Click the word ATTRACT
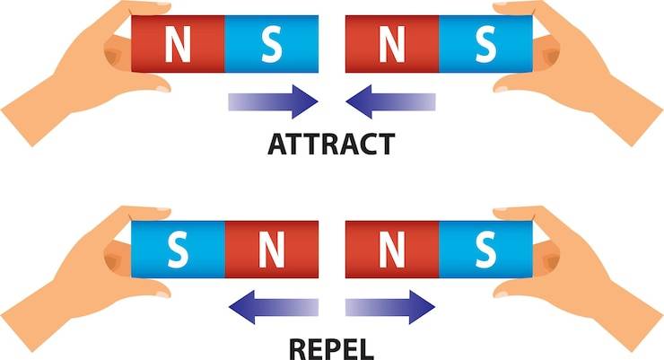pyautogui.click(x=331, y=145)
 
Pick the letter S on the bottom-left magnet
pyautogui.click(x=177, y=248)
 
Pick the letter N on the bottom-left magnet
pyautogui.click(x=270, y=248)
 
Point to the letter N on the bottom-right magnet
pyautogui.click(x=391, y=248)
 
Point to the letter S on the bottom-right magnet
pyautogui.click(x=485, y=248)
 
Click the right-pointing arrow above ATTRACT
pyautogui.click(x=274, y=101)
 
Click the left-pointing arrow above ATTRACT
pyautogui.click(x=390, y=101)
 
